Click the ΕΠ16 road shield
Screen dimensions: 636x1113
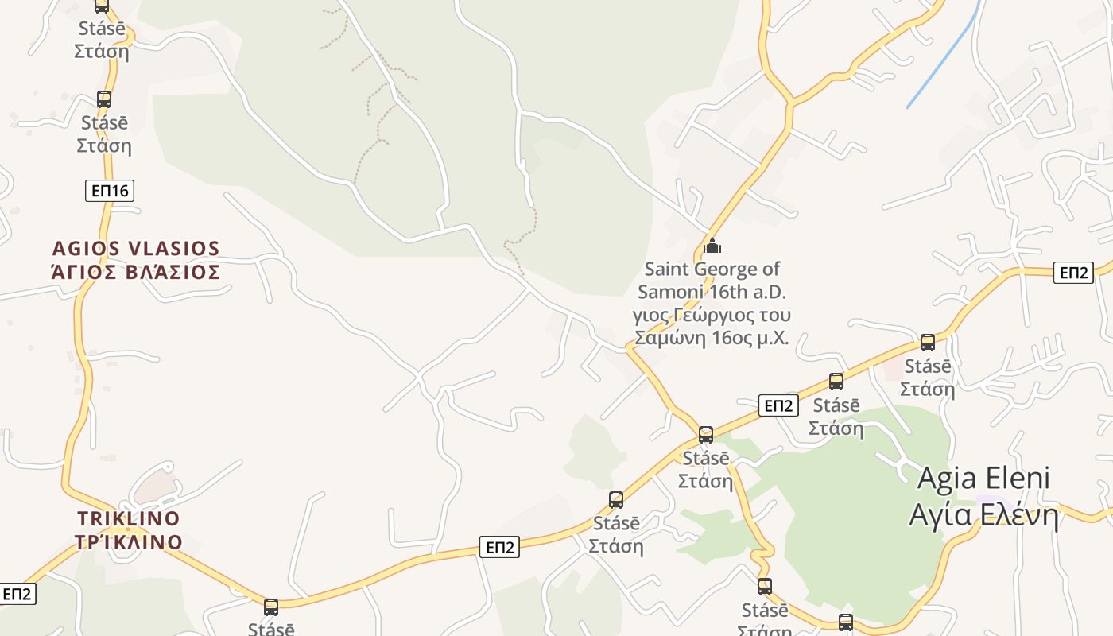[x=110, y=191]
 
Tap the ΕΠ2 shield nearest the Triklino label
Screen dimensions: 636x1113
[x=17, y=594]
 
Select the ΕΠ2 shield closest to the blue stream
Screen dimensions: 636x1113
[x=1073, y=273]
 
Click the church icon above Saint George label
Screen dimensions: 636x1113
[x=712, y=246]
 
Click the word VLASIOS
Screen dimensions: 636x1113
[x=169, y=249]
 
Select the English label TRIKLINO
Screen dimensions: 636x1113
[x=129, y=519]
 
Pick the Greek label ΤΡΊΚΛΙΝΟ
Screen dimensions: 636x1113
[x=129, y=542]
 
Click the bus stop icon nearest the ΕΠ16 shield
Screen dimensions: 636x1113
[x=104, y=99]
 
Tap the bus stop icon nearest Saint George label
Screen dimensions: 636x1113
[x=706, y=435]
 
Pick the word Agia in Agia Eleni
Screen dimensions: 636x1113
[x=945, y=479]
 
